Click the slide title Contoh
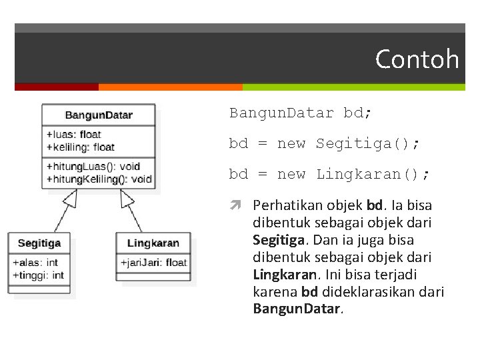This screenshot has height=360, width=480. pyautogui.click(x=417, y=59)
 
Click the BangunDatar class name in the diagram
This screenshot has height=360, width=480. pyautogui.click(x=99, y=115)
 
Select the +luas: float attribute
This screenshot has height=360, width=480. pyautogui.click(x=74, y=135)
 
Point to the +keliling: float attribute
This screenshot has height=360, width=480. pyautogui.click(x=81, y=147)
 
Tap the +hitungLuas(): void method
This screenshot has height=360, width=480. pyautogui.click(x=93, y=166)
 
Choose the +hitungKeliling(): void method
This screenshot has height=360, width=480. pyautogui.click(x=99, y=179)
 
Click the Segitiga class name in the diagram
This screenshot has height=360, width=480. pyautogui.click(x=39, y=243)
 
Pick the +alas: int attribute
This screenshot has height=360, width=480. pyautogui.click(x=35, y=263)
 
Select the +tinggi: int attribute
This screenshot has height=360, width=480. pyautogui.click(x=38, y=275)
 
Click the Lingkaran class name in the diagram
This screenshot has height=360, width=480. pyautogui.click(x=153, y=243)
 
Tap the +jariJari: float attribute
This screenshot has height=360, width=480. pyautogui.click(x=154, y=263)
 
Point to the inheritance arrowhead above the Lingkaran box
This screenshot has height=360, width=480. pyautogui.click(x=125, y=198)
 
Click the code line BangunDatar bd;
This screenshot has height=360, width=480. pyautogui.click(x=301, y=113)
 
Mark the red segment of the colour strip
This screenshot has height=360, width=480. pyautogui.click(x=57, y=87)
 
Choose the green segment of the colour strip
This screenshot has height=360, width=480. pyautogui.click(x=353, y=87)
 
